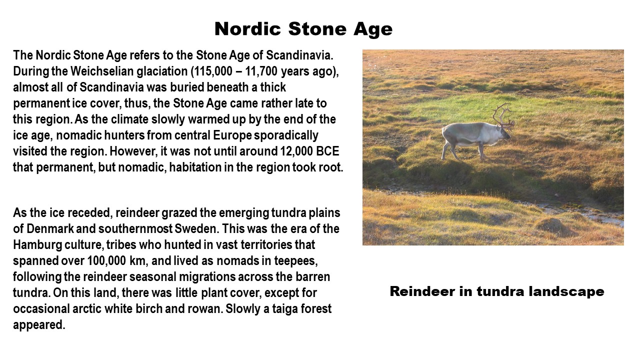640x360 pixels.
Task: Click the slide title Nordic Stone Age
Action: [303, 29]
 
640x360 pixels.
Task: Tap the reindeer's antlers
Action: [503, 115]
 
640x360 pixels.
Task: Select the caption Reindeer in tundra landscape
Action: [497, 291]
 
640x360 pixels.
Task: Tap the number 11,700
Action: [261, 71]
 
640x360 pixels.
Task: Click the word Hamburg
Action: [37, 245]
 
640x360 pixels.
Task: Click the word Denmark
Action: [50, 229]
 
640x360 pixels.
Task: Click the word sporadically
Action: [286, 135]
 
